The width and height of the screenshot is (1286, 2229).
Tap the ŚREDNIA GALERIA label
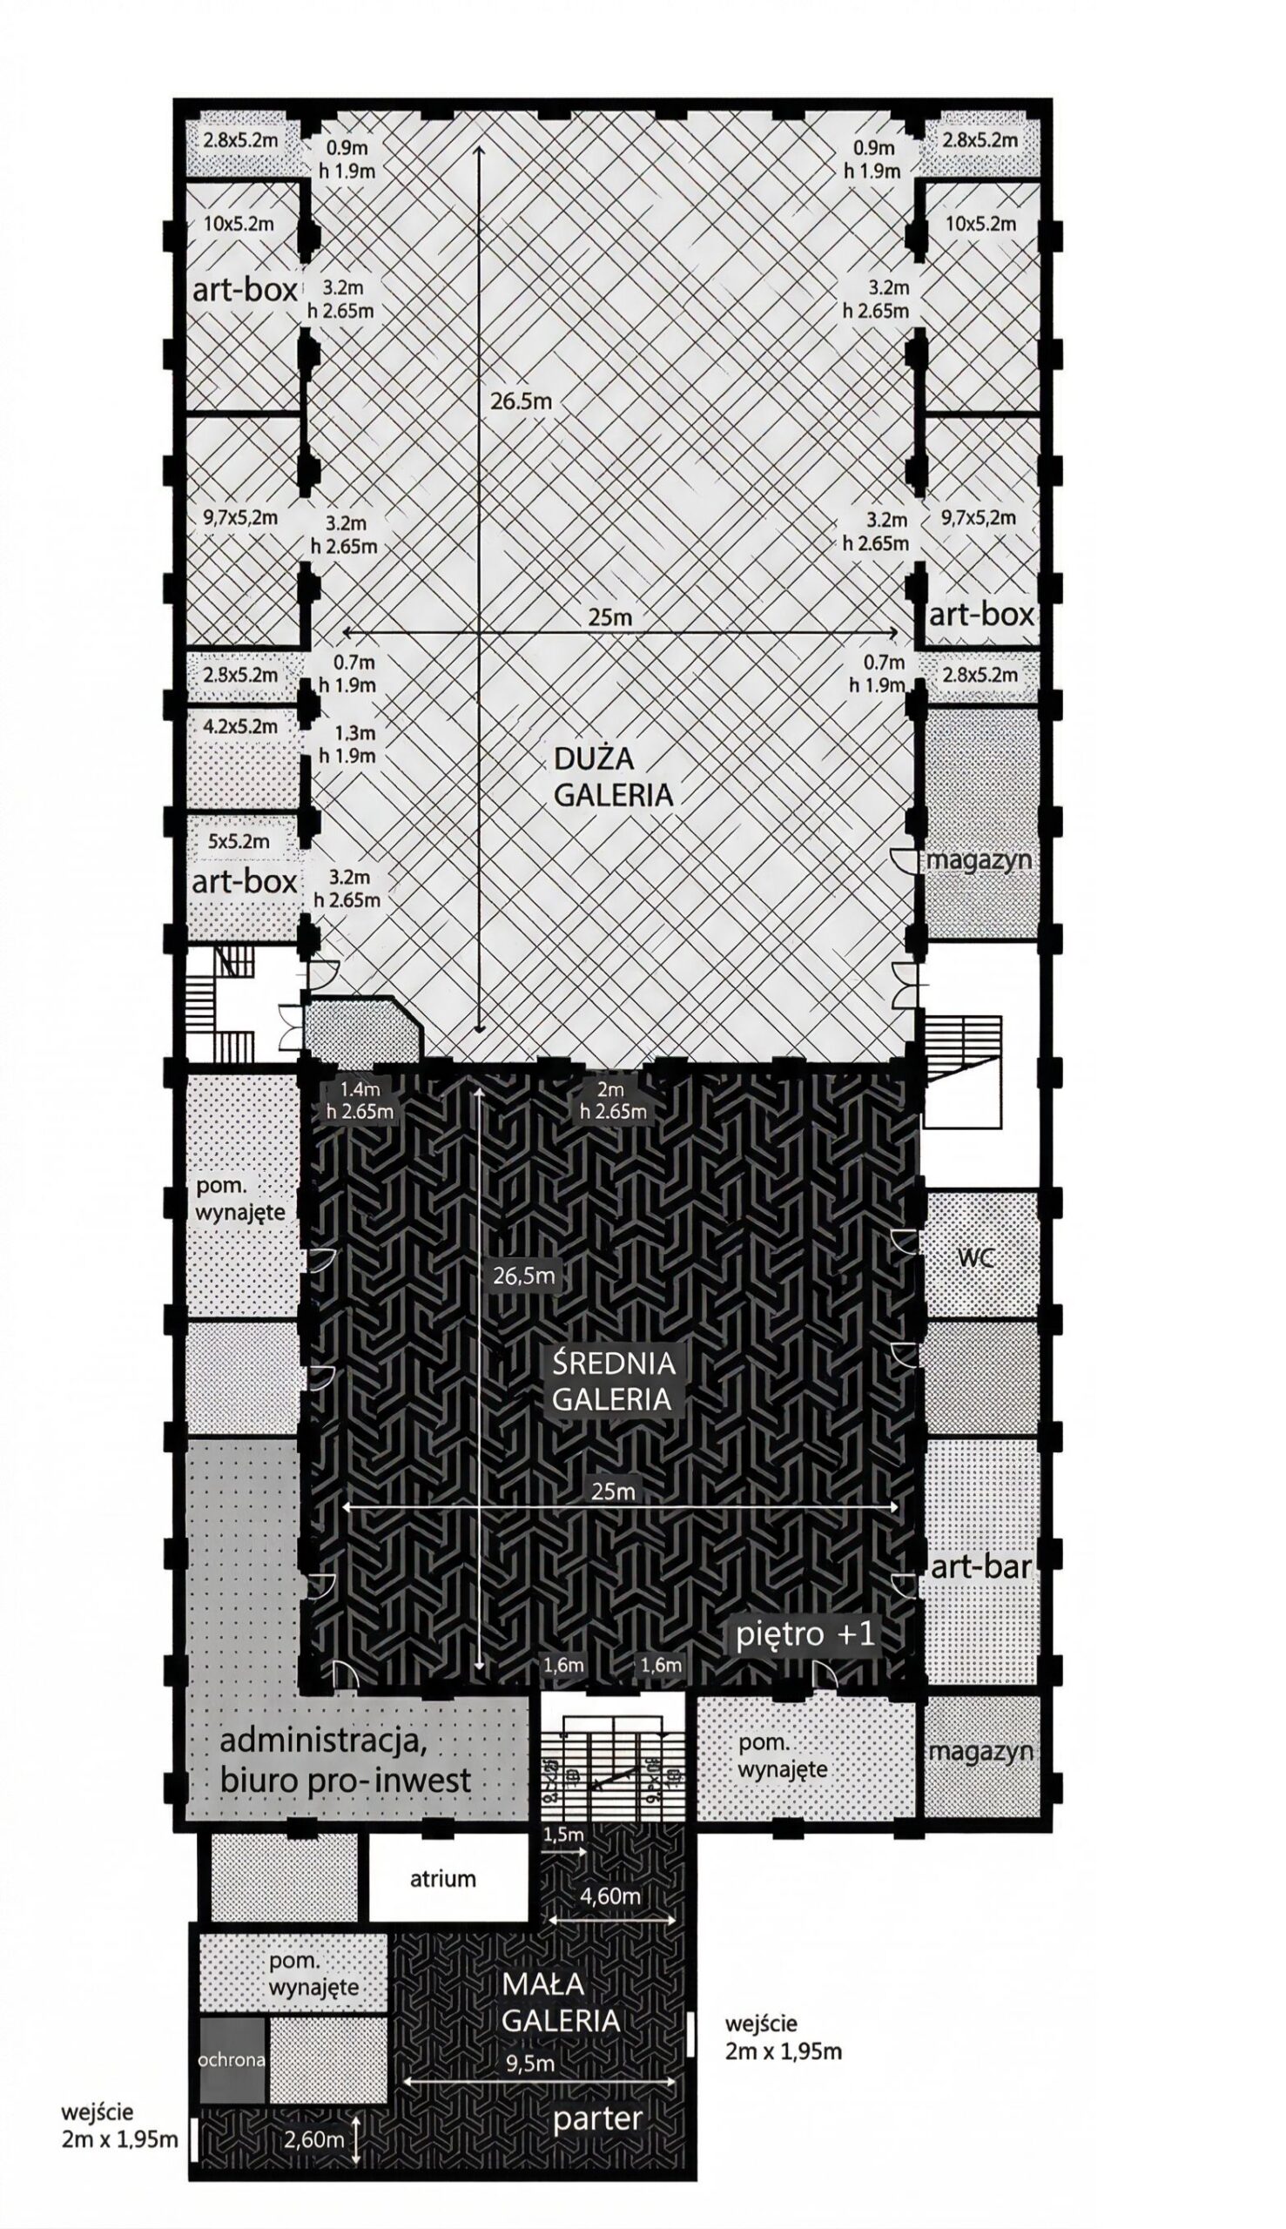pos(613,1381)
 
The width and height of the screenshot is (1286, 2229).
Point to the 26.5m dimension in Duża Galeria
pos(522,400)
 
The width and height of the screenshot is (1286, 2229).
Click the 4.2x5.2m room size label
pos(240,727)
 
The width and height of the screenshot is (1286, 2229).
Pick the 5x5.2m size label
pos(239,842)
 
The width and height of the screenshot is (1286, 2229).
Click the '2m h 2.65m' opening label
pos(612,1101)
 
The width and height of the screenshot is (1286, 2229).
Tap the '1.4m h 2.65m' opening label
pos(360,1101)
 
